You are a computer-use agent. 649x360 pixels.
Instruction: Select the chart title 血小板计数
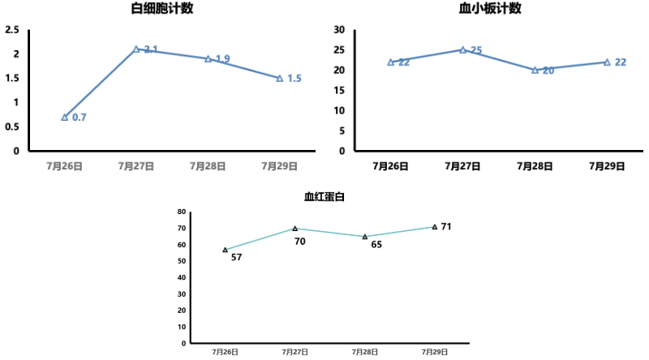click(x=491, y=9)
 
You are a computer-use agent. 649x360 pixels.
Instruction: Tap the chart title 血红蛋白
click(x=324, y=196)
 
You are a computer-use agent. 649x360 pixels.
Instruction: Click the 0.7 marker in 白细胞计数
click(x=65, y=117)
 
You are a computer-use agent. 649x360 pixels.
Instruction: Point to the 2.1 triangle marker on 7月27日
click(x=136, y=49)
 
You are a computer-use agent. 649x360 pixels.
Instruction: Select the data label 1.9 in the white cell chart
click(x=222, y=59)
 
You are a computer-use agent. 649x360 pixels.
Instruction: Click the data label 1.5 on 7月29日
click(x=294, y=79)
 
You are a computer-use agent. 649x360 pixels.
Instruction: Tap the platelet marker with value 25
click(x=463, y=49)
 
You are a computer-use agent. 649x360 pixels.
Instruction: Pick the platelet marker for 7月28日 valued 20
click(x=535, y=70)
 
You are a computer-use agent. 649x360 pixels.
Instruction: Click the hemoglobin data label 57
click(x=237, y=258)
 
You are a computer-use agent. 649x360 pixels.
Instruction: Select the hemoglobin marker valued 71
click(x=435, y=227)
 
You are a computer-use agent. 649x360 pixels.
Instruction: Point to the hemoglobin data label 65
click(x=376, y=244)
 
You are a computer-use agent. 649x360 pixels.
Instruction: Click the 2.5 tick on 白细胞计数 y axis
click(x=12, y=30)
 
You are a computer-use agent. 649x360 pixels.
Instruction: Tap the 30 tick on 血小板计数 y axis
click(x=340, y=30)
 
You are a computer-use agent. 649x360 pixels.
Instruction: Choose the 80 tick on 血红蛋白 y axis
click(x=182, y=212)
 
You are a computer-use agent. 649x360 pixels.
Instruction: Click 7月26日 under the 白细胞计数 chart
click(x=65, y=165)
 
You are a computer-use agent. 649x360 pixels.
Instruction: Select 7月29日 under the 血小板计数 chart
click(x=607, y=165)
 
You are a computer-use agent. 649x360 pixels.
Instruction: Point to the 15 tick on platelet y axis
click(x=340, y=90)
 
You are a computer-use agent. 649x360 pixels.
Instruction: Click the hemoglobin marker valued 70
click(x=295, y=229)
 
